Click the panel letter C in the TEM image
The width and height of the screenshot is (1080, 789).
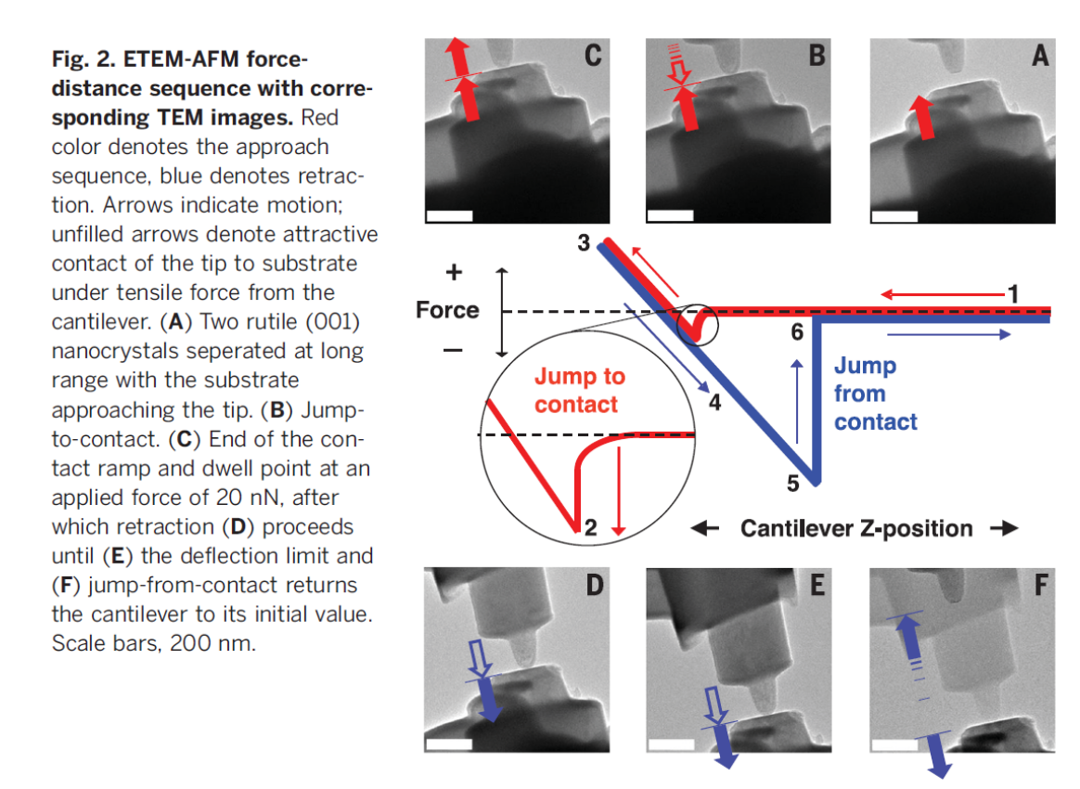click(591, 57)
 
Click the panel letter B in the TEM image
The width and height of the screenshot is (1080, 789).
click(816, 57)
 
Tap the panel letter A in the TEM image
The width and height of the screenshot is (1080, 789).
click(1040, 57)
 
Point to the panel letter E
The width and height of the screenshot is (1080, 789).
click(816, 586)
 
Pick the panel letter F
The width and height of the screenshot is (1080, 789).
click(1040, 586)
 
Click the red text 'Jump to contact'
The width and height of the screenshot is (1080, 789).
click(580, 390)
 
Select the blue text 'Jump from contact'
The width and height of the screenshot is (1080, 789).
click(875, 394)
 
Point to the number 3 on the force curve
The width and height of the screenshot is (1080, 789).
click(584, 243)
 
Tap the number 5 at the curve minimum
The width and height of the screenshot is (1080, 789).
click(792, 482)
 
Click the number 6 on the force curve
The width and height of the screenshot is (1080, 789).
click(797, 331)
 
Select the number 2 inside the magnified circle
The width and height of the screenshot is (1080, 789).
click(589, 529)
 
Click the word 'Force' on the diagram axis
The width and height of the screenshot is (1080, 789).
click(447, 310)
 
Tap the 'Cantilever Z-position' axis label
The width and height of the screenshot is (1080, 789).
click(855, 529)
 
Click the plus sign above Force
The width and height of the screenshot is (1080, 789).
click(456, 272)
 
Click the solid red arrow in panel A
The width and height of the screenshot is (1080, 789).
click(919, 117)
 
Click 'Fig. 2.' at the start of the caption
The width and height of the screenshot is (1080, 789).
click(83, 60)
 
